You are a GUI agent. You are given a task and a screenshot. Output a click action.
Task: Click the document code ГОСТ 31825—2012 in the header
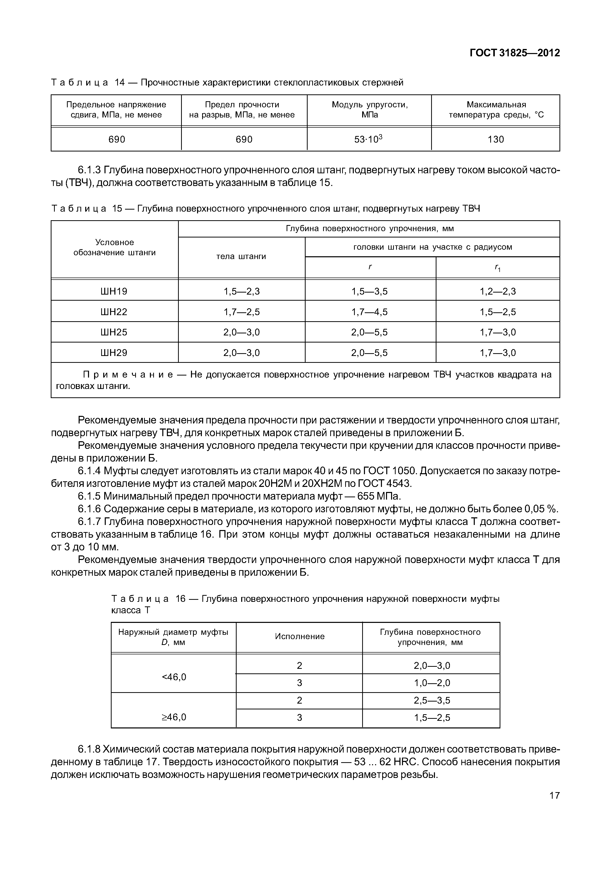pos(515,53)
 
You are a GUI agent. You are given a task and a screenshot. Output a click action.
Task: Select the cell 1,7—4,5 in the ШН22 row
pos(370,312)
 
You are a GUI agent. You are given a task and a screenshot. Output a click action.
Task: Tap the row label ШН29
pos(114,353)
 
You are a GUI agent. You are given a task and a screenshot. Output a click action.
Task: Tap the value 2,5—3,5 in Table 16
pos(432,701)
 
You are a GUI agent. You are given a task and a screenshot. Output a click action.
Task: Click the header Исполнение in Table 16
pos(300,637)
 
